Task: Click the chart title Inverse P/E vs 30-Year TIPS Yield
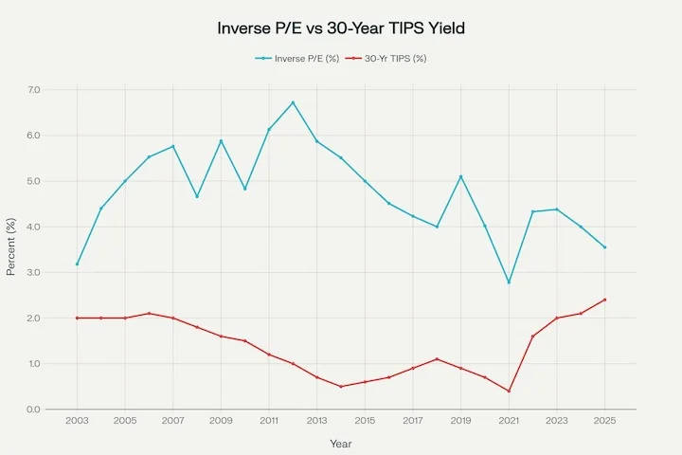[341, 28]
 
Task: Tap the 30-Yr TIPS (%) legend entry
[387, 58]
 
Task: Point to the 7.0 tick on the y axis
[35, 90]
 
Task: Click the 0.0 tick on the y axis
[35, 409]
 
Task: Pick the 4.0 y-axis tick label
[35, 227]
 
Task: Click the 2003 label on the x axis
[77, 420]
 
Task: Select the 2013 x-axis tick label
[316, 420]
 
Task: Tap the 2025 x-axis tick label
[604, 420]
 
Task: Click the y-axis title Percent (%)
[11, 248]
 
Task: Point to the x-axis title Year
[341, 442]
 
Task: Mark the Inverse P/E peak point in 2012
[293, 102]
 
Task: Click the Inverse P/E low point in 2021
[509, 282]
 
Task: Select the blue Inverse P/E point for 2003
[77, 264]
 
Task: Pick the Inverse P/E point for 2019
[460, 176]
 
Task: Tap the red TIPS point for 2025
[604, 300]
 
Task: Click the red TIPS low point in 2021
[509, 391]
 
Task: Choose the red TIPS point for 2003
[77, 318]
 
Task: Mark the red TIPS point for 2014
[341, 387]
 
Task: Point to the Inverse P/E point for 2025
[604, 247]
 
